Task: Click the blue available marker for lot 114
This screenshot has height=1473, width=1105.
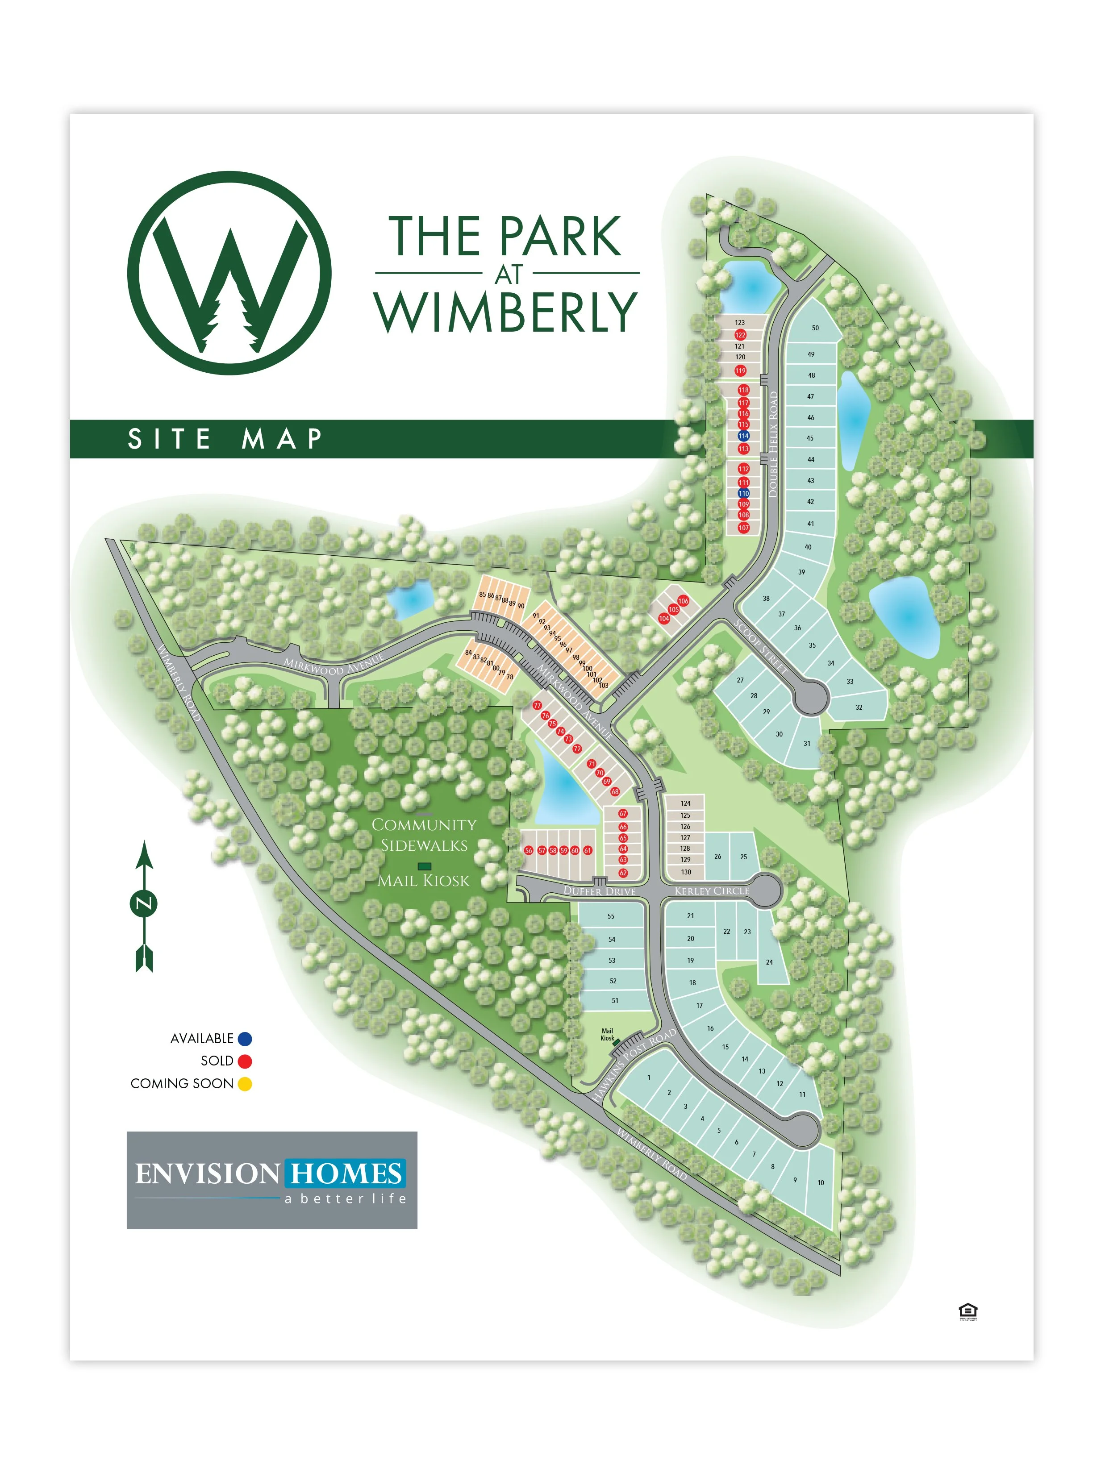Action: [743, 436]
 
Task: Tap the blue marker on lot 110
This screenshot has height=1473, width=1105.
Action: [743, 493]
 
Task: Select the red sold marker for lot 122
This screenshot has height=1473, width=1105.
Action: [740, 335]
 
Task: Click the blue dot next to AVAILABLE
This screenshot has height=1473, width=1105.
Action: [245, 1038]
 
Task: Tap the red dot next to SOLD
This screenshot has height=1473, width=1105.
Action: [245, 1061]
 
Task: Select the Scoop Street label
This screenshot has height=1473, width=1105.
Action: [761, 647]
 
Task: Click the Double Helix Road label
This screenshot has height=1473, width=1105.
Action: [773, 444]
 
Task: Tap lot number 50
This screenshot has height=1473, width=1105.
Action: [815, 328]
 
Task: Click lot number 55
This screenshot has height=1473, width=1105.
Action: [611, 916]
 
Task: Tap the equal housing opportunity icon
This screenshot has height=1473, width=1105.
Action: [967, 1311]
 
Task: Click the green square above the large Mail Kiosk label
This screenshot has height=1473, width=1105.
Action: [424, 866]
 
